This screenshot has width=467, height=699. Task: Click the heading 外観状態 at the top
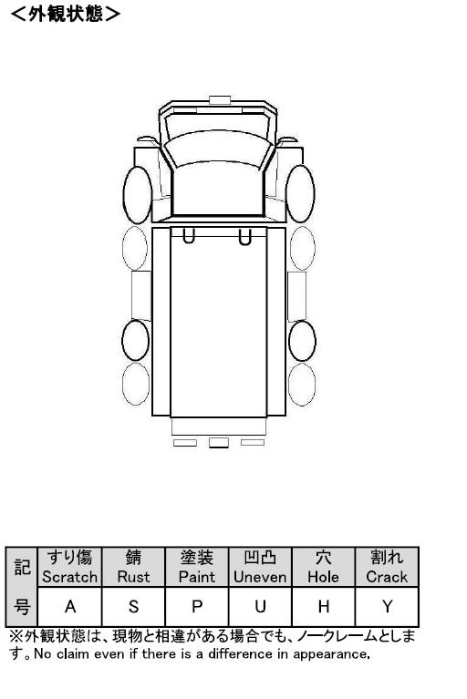[65, 14]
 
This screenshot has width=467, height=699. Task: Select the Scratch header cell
[70, 567]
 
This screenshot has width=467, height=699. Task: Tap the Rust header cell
[133, 567]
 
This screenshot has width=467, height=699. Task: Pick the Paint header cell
[197, 567]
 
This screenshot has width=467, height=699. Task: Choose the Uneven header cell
[260, 567]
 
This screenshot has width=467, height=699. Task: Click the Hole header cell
[324, 567]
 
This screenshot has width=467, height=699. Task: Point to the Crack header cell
[387, 567]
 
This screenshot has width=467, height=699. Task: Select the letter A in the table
[70, 607]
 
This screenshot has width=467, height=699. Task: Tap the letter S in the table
[133, 607]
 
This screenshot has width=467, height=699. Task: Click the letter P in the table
[197, 607]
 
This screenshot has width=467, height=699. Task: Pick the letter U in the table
[260, 607]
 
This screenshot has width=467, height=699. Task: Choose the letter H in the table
[324, 607]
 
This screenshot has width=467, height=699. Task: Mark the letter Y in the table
[387, 607]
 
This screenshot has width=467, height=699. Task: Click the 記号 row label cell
[21, 587]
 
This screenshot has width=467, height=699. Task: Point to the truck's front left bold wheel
[138, 195]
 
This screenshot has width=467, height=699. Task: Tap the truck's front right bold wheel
[300, 194]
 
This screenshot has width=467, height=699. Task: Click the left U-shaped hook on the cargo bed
[189, 236]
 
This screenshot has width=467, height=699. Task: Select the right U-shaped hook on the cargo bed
[244, 237]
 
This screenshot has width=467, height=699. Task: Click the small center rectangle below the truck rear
[219, 442]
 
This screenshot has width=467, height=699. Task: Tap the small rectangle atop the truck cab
[220, 100]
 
